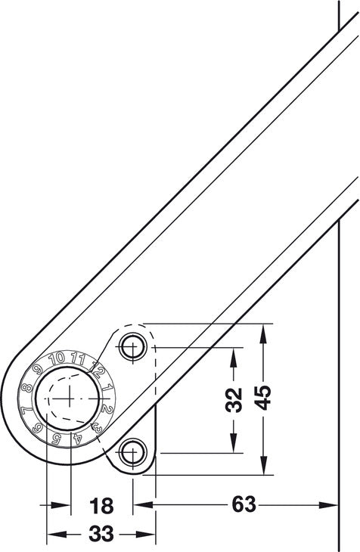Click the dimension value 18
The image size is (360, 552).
101,506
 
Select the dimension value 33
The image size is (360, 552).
101,534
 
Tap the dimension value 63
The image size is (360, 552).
244,504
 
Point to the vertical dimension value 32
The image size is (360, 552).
234,399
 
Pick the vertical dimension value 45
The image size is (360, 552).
263,398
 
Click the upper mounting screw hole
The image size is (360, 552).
133,346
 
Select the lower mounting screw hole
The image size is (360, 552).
133,452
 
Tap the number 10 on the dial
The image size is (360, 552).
57,358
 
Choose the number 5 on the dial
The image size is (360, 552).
56,438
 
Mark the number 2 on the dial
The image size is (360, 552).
107,409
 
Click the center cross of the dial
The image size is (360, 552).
70,398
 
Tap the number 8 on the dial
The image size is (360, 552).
26,389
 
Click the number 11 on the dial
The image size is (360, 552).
78,359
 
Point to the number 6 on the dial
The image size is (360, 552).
36,429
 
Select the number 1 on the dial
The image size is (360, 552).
107,388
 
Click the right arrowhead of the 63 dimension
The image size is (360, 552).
328,505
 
